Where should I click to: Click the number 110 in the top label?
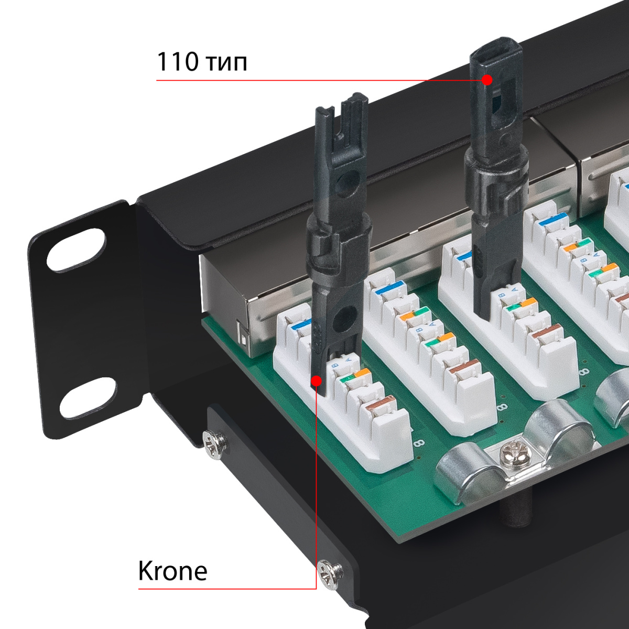tap(178, 62)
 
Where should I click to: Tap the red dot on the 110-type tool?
tap(487, 80)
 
